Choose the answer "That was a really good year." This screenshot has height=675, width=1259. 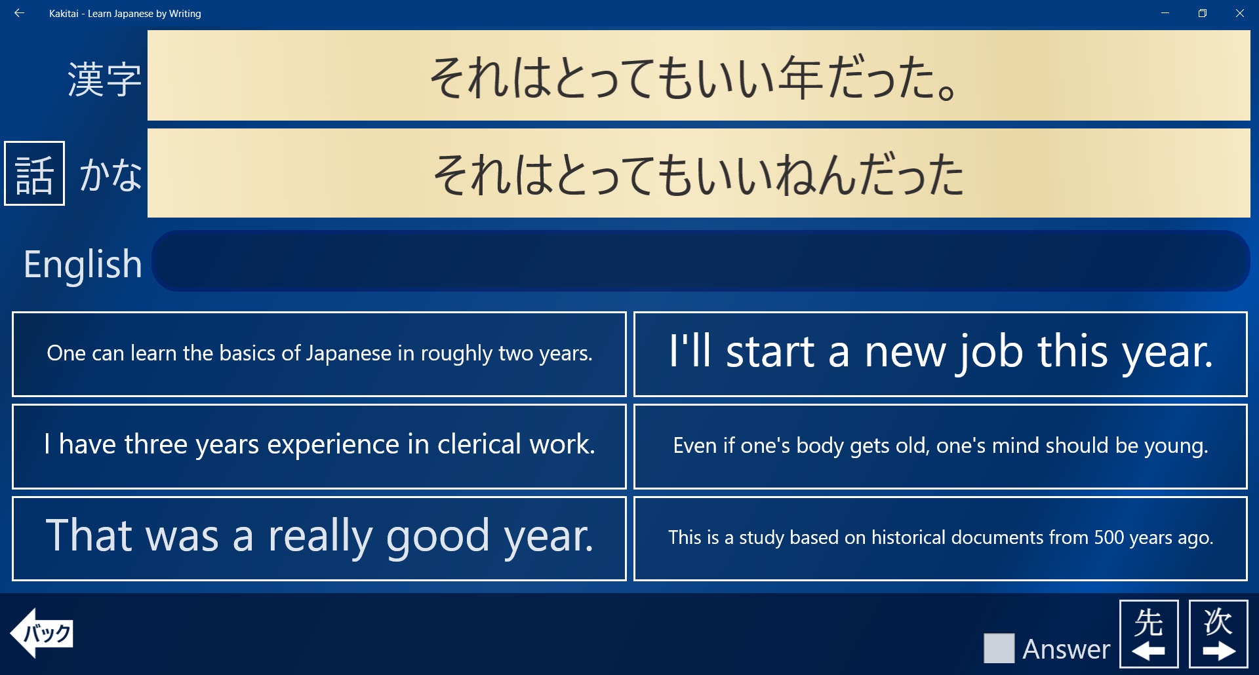319,538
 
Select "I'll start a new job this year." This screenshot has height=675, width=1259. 940,354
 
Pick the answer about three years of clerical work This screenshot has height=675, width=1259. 319,446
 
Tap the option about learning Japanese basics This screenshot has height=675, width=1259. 319,354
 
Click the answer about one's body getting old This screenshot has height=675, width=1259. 940,446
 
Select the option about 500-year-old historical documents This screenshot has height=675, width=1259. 940,538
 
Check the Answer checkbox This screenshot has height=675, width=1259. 999,648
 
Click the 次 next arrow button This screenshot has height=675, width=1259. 1218,634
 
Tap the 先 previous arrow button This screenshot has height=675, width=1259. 1149,634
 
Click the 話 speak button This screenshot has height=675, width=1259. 35,174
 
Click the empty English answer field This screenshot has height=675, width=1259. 701,261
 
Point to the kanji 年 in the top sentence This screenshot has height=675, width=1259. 801,78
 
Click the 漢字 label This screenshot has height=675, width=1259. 104,79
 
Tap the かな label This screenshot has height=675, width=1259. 111,175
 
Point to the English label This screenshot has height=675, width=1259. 83,265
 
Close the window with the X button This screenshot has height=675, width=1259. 1239,13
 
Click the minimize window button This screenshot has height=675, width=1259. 1165,13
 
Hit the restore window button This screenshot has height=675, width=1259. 1203,13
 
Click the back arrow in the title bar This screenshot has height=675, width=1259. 19,13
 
